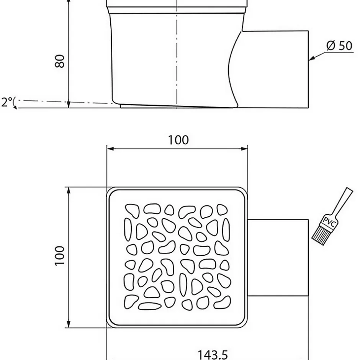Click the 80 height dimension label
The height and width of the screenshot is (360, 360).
[59, 61]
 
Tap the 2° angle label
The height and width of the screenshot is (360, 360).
[7, 102]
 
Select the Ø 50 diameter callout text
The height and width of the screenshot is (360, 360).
[339, 46]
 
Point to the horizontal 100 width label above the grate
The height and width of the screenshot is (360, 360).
[178, 140]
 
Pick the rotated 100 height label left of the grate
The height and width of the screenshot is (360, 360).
[59, 255]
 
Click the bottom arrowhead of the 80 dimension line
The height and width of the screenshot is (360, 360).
[68, 105]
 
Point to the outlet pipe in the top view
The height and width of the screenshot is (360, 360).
[278, 257]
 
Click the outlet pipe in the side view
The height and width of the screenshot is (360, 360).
[276, 69]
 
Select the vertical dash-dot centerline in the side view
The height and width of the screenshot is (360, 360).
[177, 57]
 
